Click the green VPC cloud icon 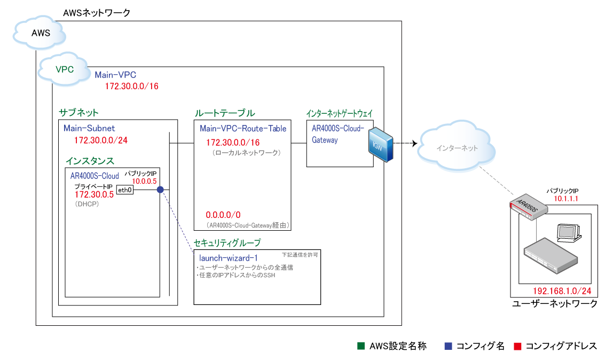[64, 68]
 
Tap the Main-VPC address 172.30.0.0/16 [131, 86]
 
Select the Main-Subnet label [89, 128]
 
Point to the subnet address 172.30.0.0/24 [100, 140]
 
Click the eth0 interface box [124, 190]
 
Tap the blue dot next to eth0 [160, 190]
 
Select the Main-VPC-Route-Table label [243, 128]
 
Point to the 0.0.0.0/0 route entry [223, 215]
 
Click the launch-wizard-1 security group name [228, 258]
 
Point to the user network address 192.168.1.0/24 [562, 291]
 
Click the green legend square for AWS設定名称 [360, 346]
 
